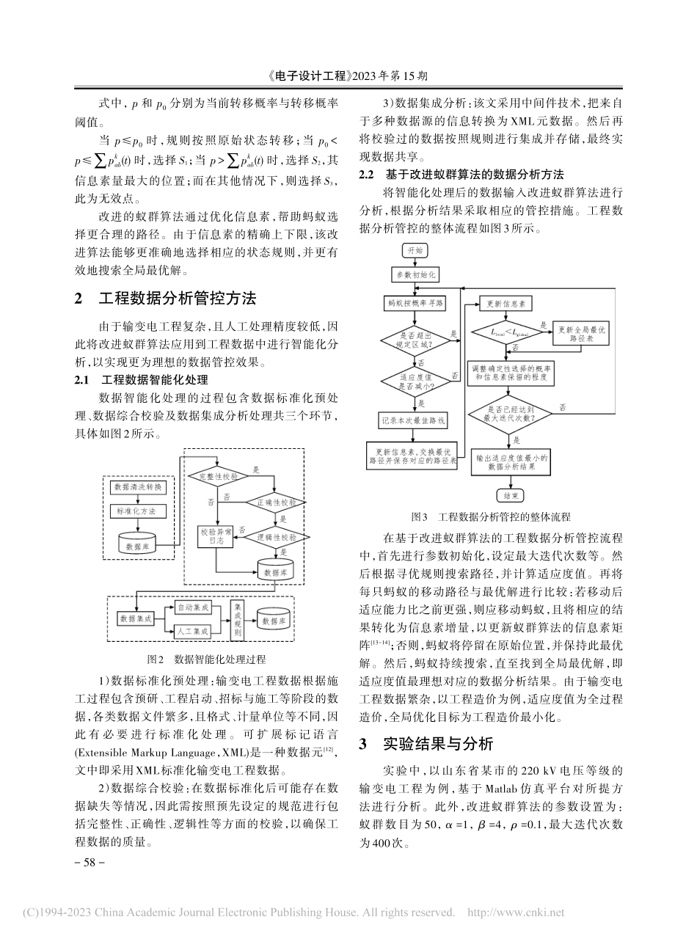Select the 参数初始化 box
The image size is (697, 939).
click(416, 275)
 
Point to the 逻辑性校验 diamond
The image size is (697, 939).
click(274, 536)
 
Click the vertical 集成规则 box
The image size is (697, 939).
click(237, 619)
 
